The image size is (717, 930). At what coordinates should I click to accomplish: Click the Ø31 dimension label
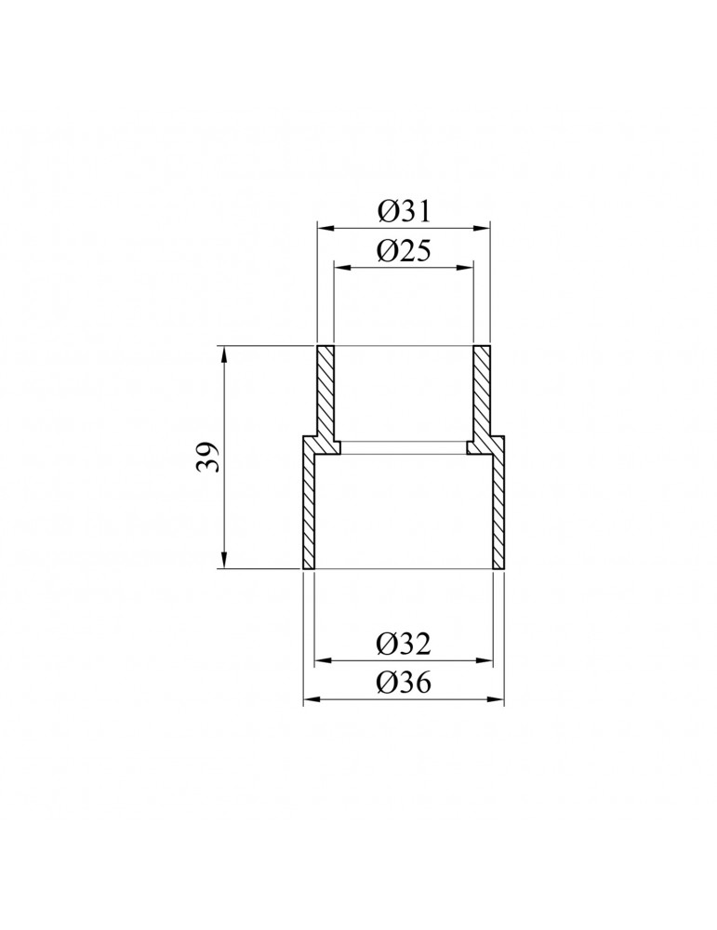404,211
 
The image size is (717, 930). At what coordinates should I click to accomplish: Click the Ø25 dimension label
404,251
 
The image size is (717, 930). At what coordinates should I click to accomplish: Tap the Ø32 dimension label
404,644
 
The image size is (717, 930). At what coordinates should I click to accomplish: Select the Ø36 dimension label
404,684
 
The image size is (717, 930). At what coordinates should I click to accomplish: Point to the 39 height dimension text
208,457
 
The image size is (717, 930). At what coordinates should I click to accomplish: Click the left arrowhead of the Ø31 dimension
325,227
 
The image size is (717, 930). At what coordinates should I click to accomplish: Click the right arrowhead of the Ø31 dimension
482,227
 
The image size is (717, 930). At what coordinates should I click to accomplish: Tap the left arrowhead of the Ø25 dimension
343,268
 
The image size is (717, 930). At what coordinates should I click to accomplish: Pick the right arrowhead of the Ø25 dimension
465,268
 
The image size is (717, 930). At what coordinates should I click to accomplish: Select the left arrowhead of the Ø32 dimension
323,660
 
